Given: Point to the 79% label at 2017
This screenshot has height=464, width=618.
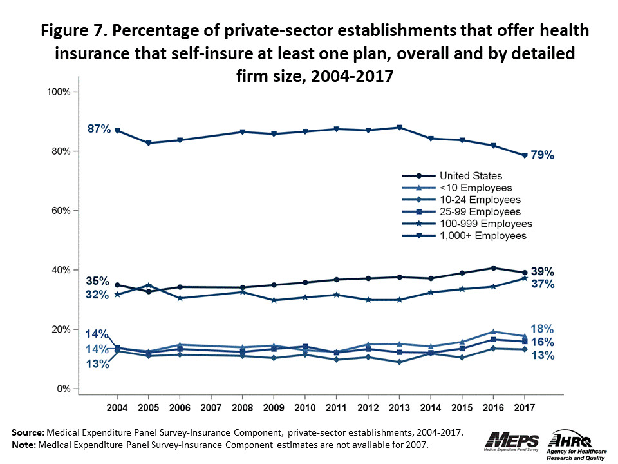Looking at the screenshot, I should coord(542,155).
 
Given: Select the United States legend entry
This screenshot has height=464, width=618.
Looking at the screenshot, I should coord(471,175).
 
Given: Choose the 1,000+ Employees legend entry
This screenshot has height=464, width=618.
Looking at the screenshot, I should coord(483,236).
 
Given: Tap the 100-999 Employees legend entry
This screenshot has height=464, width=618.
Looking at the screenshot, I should coord(486,224).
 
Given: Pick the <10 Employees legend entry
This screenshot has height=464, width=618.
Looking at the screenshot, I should coord(476,188).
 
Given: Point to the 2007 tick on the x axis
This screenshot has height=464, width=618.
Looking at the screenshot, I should coord(211,408).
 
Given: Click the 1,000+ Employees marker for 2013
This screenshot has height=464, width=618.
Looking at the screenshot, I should coord(399,128).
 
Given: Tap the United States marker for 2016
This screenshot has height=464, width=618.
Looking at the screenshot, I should coord(493,268).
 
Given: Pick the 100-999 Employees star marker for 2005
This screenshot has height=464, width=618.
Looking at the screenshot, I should coord(149,285).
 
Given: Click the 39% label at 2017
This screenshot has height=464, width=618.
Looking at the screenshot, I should coord(542,271).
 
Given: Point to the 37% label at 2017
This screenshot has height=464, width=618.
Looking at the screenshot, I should coord(542,284).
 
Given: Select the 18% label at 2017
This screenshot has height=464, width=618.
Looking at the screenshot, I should coord(542,329).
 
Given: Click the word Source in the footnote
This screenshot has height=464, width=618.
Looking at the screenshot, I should coord(28,432).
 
